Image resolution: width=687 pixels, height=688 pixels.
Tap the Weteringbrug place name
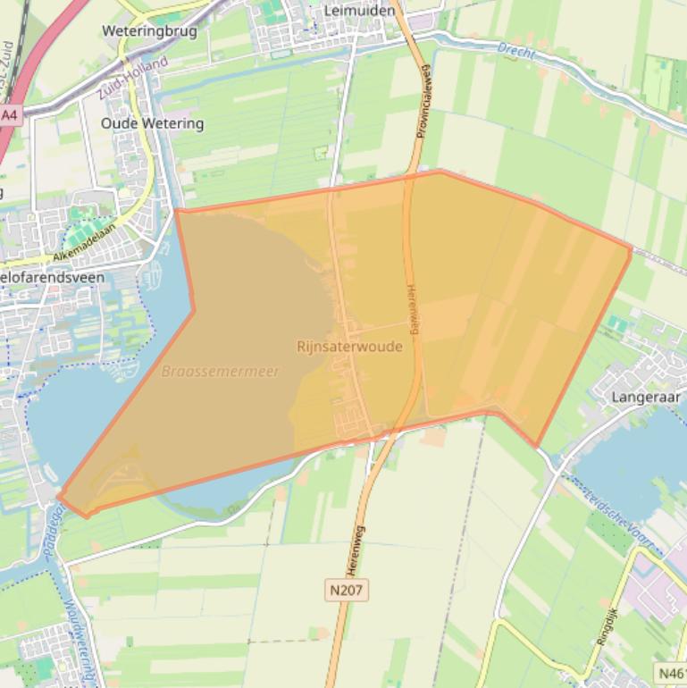[149, 30]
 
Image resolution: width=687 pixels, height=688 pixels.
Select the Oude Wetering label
[152, 123]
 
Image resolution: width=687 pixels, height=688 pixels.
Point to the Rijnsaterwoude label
[349, 347]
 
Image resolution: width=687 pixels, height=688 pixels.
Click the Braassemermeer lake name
[221, 371]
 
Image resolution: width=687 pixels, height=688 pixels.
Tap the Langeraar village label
[646, 396]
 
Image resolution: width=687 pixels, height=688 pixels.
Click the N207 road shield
[347, 590]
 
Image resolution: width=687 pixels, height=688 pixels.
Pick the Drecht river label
[516, 51]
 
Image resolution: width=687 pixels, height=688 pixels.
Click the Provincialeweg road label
[423, 100]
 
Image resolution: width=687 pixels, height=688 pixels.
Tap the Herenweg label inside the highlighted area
[413, 310]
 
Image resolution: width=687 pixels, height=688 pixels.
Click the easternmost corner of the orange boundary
[632, 249]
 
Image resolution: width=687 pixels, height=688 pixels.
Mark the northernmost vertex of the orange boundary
[440, 170]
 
